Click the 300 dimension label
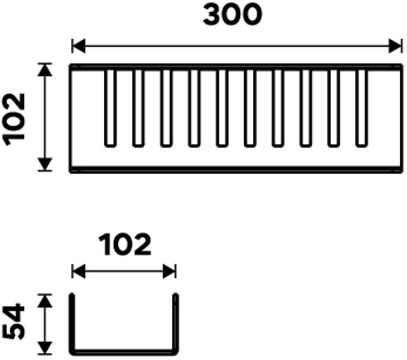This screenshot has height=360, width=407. click(232, 16)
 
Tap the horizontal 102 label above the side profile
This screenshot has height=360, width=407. click(125, 245)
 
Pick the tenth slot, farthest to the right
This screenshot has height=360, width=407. click(362, 108)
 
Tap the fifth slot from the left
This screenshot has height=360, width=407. click(222, 108)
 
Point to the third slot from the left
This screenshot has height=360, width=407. click(166, 108)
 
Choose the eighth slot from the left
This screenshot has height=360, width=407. click(306, 108)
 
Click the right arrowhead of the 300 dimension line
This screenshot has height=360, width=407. click(395, 47)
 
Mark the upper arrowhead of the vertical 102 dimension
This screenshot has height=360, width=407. click(45, 70)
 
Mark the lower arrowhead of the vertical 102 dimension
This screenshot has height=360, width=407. click(45, 164)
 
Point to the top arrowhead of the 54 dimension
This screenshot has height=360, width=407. click(45, 300)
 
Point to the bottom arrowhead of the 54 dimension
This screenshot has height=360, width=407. click(45, 348)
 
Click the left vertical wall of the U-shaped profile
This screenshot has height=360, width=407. click(72, 323)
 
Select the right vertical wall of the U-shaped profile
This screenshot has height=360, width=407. click(176, 323)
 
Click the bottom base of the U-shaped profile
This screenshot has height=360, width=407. click(124, 353)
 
